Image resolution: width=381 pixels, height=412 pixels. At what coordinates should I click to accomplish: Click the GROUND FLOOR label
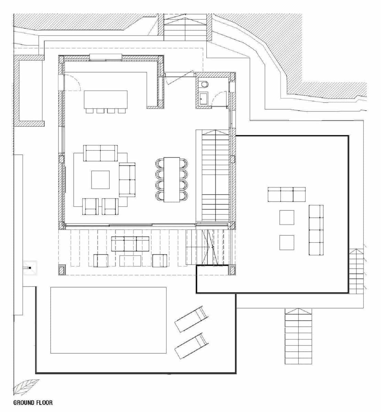pyautogui.click(x=33, y=402)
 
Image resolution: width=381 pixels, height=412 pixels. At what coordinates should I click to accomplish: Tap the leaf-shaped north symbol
pyautogui.click(x=26, y=388)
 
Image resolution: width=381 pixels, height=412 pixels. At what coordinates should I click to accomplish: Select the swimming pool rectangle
pyautogui.click(x=108, y=320)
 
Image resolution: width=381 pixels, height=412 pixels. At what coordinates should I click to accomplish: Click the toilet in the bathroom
pyautogui.click(x=204, y=84)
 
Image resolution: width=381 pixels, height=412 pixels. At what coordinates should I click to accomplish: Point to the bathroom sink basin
pyautogui.click(x=203, y=98)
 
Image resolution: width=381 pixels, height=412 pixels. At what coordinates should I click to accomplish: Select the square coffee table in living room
pyautogui.click(x=100, y=180)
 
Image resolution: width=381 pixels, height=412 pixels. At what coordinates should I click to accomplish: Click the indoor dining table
pyautogui.click(x=172, y=179)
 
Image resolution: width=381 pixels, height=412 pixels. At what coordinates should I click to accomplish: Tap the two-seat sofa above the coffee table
pyautogui.click(x=100, y=153)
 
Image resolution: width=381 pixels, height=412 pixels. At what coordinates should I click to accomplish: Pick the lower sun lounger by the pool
pyautogui.click(x=191, y=346)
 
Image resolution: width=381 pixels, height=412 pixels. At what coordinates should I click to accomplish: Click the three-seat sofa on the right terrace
pyautogui.click(x=286, y=194)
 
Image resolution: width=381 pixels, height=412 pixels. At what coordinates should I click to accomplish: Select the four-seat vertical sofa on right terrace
pyautogui.click(x=316, y=230)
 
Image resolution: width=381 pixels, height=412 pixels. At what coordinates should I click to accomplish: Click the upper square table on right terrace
pyautogui.click(x=286, y=217)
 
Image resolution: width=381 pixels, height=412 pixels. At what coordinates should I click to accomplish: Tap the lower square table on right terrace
pyautogui.click(x=286, y=242)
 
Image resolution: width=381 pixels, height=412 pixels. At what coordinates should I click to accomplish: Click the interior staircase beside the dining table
pyautogui.click(x=215, y=176)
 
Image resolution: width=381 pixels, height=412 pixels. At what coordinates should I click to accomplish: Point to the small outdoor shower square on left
pyautogui.click(x=30, y=268)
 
